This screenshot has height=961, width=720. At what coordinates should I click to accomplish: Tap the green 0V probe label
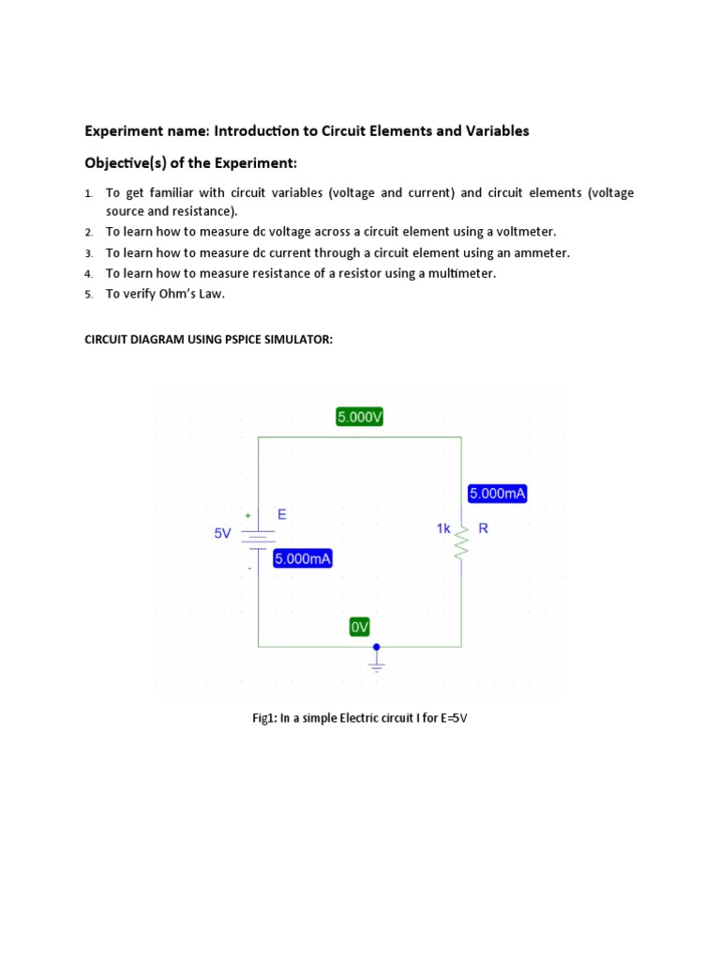[x=360, y=627]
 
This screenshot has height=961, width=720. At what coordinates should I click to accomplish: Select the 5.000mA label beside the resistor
[x=496, y=494]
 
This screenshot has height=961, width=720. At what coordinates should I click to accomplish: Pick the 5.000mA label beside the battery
[x=303, y=559]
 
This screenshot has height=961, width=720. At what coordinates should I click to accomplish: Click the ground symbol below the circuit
[x=377, y=664]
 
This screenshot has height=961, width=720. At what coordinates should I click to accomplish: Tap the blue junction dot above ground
[x=377, y=647]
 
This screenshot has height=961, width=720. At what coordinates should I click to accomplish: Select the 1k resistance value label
[x=443, y=529]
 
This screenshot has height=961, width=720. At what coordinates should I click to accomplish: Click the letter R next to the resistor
[x=484, y=528]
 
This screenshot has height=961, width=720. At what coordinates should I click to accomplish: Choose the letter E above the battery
[x=281, y=514]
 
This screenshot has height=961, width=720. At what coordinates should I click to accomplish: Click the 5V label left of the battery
[x=222, y=533]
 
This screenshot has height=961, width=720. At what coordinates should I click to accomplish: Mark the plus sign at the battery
[x=248, y=515]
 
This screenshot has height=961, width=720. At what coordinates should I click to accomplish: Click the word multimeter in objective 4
[x=457, y=273]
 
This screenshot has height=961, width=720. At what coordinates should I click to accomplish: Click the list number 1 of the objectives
[x=88, y=193]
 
